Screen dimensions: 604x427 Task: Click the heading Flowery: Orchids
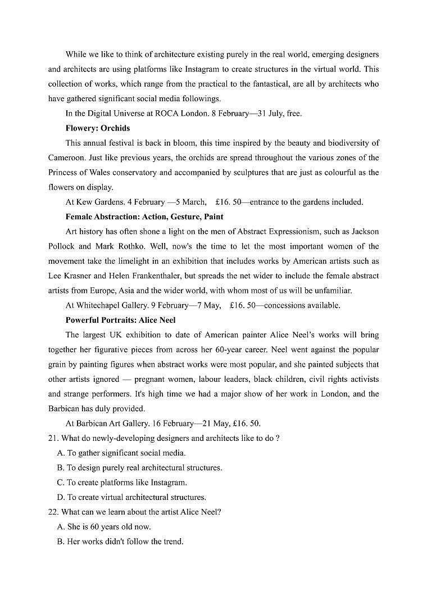coord(97,128)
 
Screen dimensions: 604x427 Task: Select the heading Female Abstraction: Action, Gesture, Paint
coord(144,217)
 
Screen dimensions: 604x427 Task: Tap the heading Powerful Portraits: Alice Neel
coord(120,320)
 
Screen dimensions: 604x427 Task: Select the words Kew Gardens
coord(96,202)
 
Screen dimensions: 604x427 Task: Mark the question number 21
coord(53,438)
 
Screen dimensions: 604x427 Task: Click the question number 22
coord(53,512)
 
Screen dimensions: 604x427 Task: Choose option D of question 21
coord(131,497)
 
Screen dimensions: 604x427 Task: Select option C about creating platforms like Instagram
coord(122,483)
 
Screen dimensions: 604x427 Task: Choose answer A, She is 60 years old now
coord(104,527)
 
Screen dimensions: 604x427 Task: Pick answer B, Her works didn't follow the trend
coord(120,542)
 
